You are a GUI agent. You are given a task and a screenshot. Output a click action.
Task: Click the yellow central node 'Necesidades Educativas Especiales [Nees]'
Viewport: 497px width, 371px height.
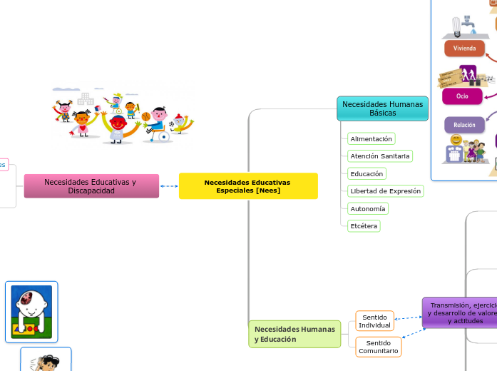coord(248,186)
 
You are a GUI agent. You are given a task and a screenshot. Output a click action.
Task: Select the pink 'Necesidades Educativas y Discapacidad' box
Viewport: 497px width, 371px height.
coord(91,186)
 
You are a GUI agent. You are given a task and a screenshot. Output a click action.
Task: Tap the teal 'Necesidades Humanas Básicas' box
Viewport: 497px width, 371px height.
coord(382,108)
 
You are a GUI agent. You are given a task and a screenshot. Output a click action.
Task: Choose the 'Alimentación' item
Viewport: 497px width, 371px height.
coord(371,138)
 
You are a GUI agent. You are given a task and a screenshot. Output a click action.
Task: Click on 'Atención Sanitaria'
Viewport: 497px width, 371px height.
coord(380,156)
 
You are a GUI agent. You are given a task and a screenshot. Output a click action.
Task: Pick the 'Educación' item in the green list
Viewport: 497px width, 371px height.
coord(367,173)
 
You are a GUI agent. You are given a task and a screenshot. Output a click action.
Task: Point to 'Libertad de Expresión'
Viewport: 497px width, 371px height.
coord(385,190)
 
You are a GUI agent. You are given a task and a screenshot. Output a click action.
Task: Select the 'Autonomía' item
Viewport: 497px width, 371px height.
coord(368,208)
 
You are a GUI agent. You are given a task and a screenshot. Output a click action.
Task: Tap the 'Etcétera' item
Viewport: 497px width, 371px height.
coord(364,225)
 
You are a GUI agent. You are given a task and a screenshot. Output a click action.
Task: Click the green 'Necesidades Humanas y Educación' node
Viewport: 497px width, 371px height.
coord(294,334)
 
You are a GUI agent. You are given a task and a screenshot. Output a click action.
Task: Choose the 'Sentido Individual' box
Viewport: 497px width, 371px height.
coord(375,321)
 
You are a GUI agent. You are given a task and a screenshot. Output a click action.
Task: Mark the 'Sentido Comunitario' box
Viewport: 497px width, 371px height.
coord(379,347)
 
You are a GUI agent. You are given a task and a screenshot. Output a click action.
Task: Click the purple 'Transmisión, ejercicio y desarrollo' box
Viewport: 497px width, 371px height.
coord(460,312)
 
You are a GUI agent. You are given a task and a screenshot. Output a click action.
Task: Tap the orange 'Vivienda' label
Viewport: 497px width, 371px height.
coord(464,49)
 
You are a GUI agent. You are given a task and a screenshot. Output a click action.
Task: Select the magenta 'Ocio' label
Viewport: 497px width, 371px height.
coord(462,96)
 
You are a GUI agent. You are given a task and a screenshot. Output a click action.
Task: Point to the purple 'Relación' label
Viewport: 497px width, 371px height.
coord(464,125)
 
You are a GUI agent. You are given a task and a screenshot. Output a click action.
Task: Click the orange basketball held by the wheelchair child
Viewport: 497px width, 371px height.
coord(146,116)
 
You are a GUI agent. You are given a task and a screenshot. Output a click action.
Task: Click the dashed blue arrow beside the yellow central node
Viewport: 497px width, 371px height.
coord(169,186)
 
